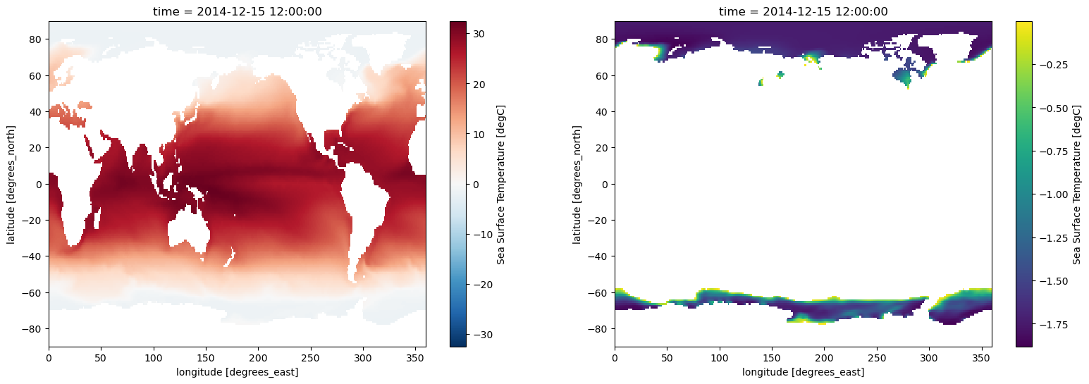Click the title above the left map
[237, 11]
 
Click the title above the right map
[803, 11]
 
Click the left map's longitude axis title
[237, 371]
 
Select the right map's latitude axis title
[577, 184]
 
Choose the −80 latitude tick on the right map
[598, 329]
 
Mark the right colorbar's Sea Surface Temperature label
[1076, 184]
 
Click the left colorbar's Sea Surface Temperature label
[501, 184]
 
